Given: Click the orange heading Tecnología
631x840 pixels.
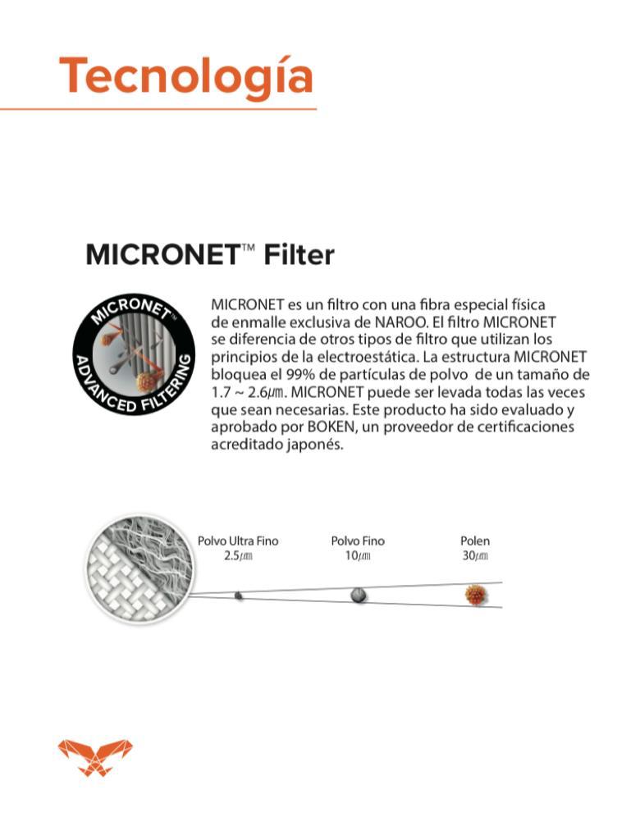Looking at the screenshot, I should [x=186, y=75].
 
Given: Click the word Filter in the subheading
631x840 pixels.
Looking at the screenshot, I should [x=299, y=255].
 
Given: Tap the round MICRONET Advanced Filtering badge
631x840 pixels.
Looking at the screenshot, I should [x=134, y=354].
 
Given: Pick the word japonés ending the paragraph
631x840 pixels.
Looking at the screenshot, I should [x=313, y=445].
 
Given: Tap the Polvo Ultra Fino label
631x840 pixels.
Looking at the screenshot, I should [x=238, y=541].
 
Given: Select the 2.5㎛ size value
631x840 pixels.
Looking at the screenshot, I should [x=238, y=556].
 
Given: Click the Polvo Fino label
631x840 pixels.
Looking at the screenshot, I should [x=358, y=541].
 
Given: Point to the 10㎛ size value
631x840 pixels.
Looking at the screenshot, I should [x=358, y=556].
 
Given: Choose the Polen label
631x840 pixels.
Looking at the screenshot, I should [x=474, y=541].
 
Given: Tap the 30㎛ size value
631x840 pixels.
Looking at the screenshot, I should [x=474, y=556].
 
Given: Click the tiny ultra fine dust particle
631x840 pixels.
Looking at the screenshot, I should [x=238, y=595].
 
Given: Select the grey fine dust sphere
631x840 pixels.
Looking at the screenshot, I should [x=359, y=595].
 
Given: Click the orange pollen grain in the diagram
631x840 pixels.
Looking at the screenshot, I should [x=474, y=595].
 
